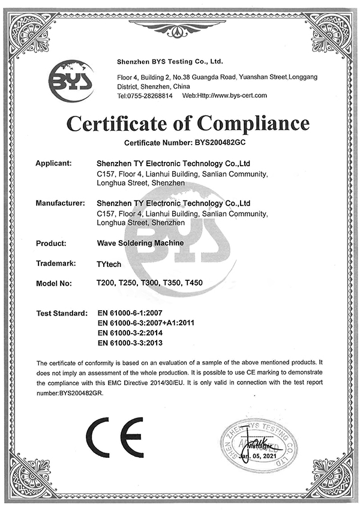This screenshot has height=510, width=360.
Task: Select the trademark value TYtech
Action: click(107, 263)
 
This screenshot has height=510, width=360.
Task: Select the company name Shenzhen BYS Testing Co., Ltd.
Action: click(169, 61)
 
